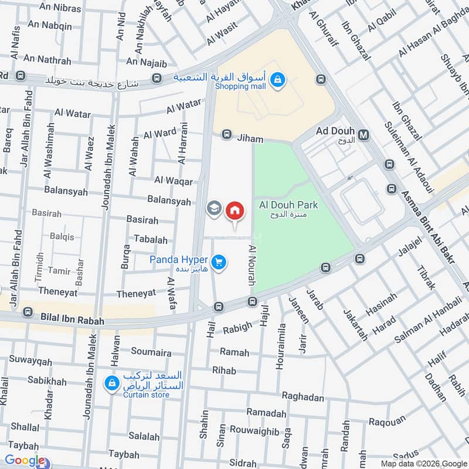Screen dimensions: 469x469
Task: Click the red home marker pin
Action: pos(235,210)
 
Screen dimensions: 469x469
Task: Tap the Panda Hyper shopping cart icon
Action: pos(219,263)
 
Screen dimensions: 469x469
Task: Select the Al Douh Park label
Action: pos(288,205)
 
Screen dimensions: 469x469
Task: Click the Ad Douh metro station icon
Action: pos(364,135)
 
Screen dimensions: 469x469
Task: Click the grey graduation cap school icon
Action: pos(213,208)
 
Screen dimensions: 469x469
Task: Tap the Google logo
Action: pos(25,461)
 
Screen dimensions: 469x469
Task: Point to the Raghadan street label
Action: pos(303,397)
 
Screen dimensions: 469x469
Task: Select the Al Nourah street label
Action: pos(253,266)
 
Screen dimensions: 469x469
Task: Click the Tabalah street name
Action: pos(151,240)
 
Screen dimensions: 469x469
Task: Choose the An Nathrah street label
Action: pos(46,60)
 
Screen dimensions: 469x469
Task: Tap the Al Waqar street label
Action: pos(174,181)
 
